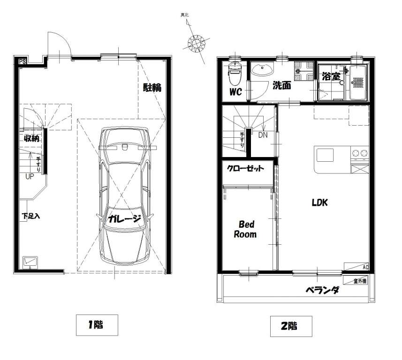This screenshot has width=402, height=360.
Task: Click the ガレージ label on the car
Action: tap(125, 219)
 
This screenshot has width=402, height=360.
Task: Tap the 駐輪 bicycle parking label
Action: tap(152, 88)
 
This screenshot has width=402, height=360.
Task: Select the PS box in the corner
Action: tap(23, 61)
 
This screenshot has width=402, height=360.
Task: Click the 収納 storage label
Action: tap(32, 138)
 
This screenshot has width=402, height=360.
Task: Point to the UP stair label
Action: tap(30, 177)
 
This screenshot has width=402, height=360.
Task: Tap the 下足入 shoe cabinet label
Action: tap(30, 216)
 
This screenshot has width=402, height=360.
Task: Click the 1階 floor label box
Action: tap(97, 325)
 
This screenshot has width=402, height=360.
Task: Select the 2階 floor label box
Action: tap(291, 326)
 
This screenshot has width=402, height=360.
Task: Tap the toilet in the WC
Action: tap(235, 74)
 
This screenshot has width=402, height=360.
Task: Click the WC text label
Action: tap(235, 92)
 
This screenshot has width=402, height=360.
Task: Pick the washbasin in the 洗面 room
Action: tap(262, 69)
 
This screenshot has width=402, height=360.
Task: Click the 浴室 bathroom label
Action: tap(331, 76)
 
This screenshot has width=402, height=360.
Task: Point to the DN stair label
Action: tap(263, 135)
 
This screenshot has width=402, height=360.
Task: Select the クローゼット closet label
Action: tap(246, 168)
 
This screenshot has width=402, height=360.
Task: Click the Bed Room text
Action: tap(245, 229)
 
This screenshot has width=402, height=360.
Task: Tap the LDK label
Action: tap(320, 202)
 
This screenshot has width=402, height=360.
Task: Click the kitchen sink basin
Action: tap(325, 155)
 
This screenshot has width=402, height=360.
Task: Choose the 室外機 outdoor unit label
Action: tap(360, 281)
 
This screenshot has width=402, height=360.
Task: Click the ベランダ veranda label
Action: tap(323, 290)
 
